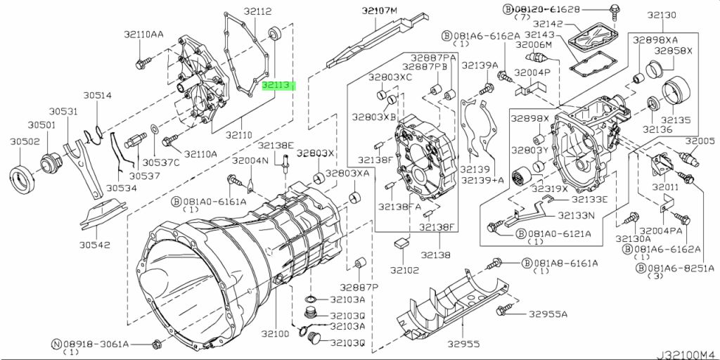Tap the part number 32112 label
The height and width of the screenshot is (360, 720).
(239, 11)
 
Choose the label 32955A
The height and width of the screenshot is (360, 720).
(548, 314)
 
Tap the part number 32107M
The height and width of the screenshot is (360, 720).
(380, 11)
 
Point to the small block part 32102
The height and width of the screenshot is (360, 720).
(402, 243)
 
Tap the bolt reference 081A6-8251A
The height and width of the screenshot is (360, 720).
(674, 269)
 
